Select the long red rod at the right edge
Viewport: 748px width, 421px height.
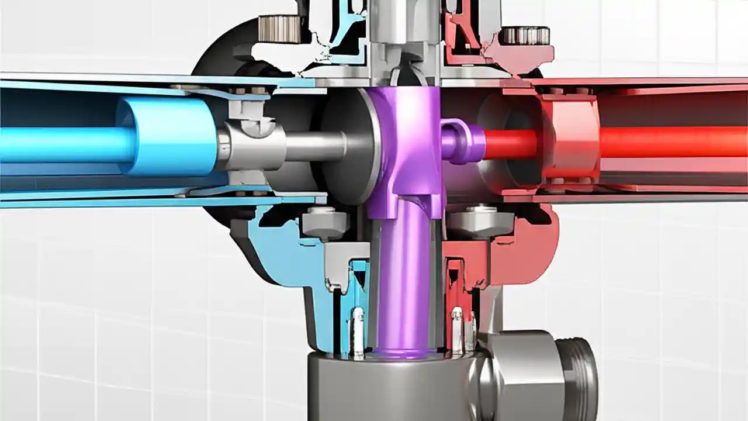pos(672,142)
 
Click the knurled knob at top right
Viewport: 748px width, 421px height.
pos(524,36)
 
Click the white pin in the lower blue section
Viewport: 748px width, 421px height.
pos(357,330)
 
